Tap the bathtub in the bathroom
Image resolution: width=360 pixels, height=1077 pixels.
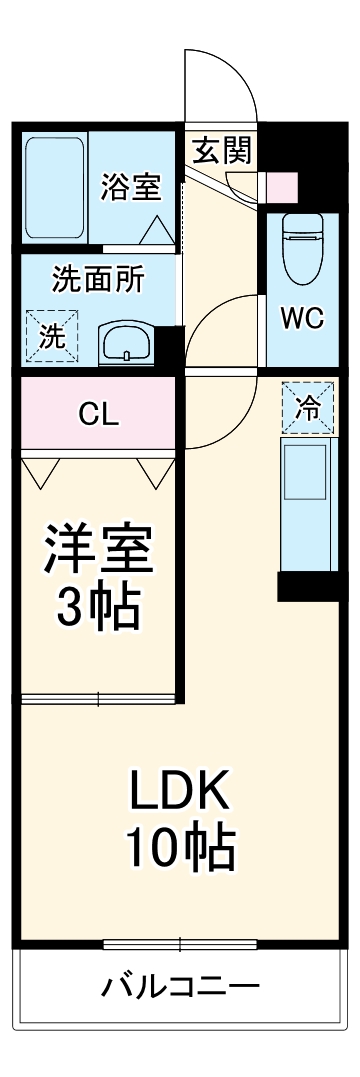[x=54, y=190]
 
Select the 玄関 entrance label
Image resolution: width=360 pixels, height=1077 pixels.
[x=222, y=151]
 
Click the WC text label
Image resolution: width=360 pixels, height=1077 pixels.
[x=301, y=318]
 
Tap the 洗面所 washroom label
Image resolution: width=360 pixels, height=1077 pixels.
[x=98, y=279]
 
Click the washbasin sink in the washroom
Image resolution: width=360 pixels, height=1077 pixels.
[x=125, y=343]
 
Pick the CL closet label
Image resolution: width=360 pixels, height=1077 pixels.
[x=99, y=415]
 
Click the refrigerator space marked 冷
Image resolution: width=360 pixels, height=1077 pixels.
[x=309, y=406]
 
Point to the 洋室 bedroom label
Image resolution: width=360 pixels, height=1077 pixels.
[x=97, y=546]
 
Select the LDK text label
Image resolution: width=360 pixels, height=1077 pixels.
[x=180, y=793]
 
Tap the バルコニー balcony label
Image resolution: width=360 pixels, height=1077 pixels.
[x=180, y=987]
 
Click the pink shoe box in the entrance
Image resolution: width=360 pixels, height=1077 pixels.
[x=281, y=186]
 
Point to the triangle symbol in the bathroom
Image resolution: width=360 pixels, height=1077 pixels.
[x=155, y=231]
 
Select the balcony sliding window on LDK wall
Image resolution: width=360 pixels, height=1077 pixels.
[x=180, y=943]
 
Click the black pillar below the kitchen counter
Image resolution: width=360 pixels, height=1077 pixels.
[x=308, y=585]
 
